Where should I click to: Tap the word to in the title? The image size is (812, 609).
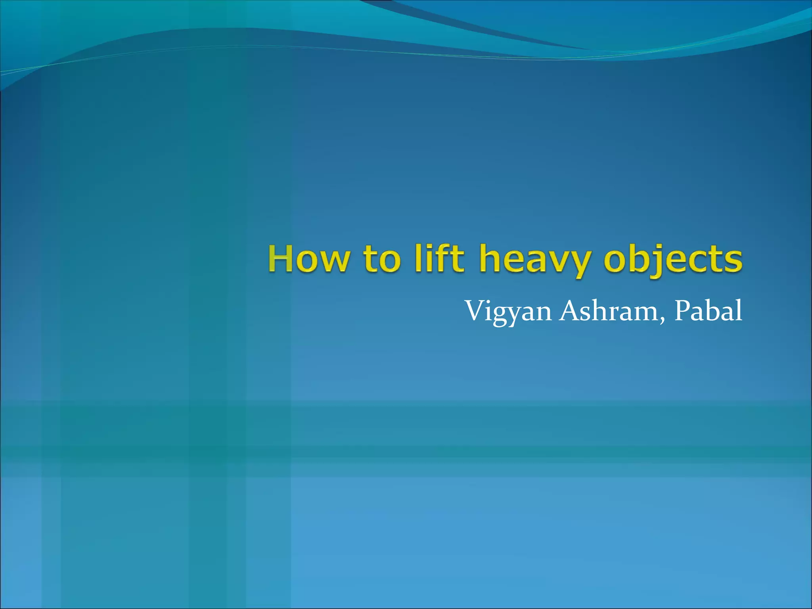381,259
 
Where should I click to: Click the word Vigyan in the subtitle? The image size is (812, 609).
508,312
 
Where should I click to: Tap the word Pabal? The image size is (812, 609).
708,311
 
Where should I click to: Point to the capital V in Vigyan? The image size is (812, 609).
474,311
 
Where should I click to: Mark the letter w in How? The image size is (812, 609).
333,261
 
